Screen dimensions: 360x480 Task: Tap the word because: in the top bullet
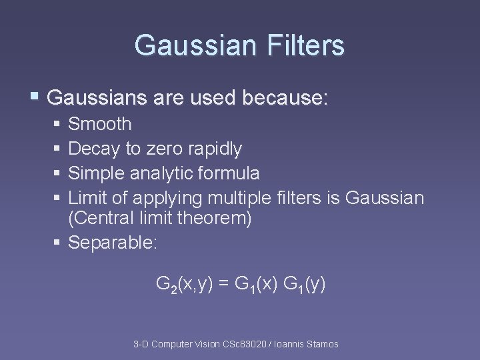coord(286,99)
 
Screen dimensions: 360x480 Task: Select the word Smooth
coord(100,124)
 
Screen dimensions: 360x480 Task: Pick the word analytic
coord(165,173)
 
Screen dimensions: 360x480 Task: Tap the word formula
coord(229,173)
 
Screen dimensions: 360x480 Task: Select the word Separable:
coord(113,243)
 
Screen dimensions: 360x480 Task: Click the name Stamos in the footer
coord(321,344)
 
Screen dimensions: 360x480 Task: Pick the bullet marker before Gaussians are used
coord(35,99)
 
